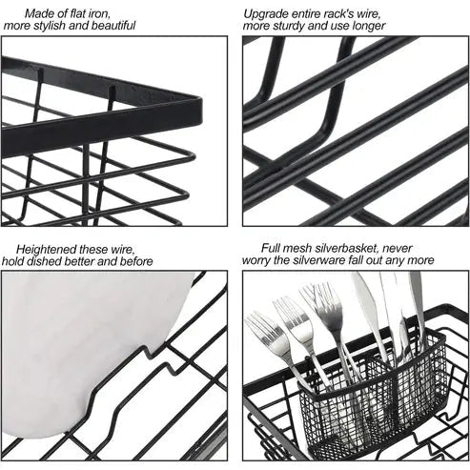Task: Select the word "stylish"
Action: tap(58, 26)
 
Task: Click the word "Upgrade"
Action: tap(266, 12)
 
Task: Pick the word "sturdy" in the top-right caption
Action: tap(286, 26)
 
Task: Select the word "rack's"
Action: tap(342, 12)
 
